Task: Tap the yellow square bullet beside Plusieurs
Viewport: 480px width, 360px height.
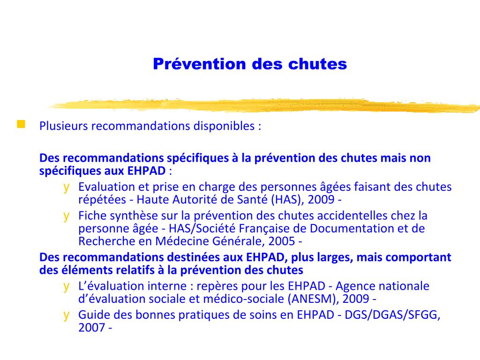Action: (x=21, y=125)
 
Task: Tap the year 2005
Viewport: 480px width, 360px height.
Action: (x=283, y=241)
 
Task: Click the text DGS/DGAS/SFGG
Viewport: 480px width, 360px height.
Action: (x=393, y=315)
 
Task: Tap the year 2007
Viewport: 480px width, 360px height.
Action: (x=91, y=328)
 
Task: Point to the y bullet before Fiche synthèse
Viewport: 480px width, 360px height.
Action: (x=67, y=216)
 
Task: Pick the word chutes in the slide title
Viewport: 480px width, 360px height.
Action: (x=323, y=64)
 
